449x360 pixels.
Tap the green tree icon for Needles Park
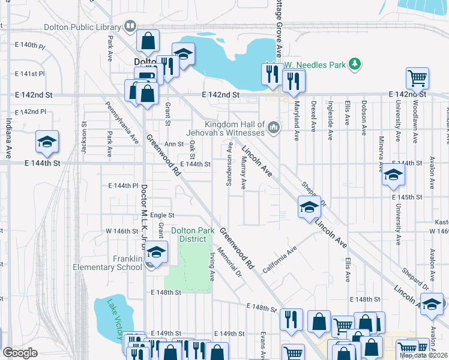pos(355,63)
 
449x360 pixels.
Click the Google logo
pos(20,353)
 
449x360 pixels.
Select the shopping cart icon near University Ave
pos(417,78)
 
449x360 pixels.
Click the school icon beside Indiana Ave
pos(47,142)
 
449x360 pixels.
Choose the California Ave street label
pos(280,257)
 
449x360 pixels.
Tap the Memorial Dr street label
pos(229,262)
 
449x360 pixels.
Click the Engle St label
pos(162,215)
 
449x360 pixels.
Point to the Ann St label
pos(173,144)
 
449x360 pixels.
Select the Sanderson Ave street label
pos(229,164)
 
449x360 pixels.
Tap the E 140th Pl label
pos(30,45)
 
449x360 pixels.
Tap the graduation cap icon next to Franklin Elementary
pos(156,253)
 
